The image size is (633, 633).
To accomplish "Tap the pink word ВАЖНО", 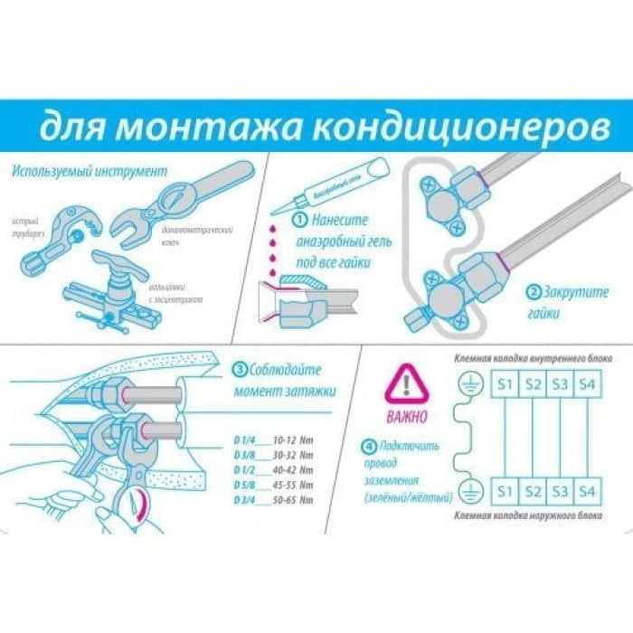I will [x=404, y=419].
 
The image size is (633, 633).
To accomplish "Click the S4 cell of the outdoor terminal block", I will [x=588, y=492].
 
